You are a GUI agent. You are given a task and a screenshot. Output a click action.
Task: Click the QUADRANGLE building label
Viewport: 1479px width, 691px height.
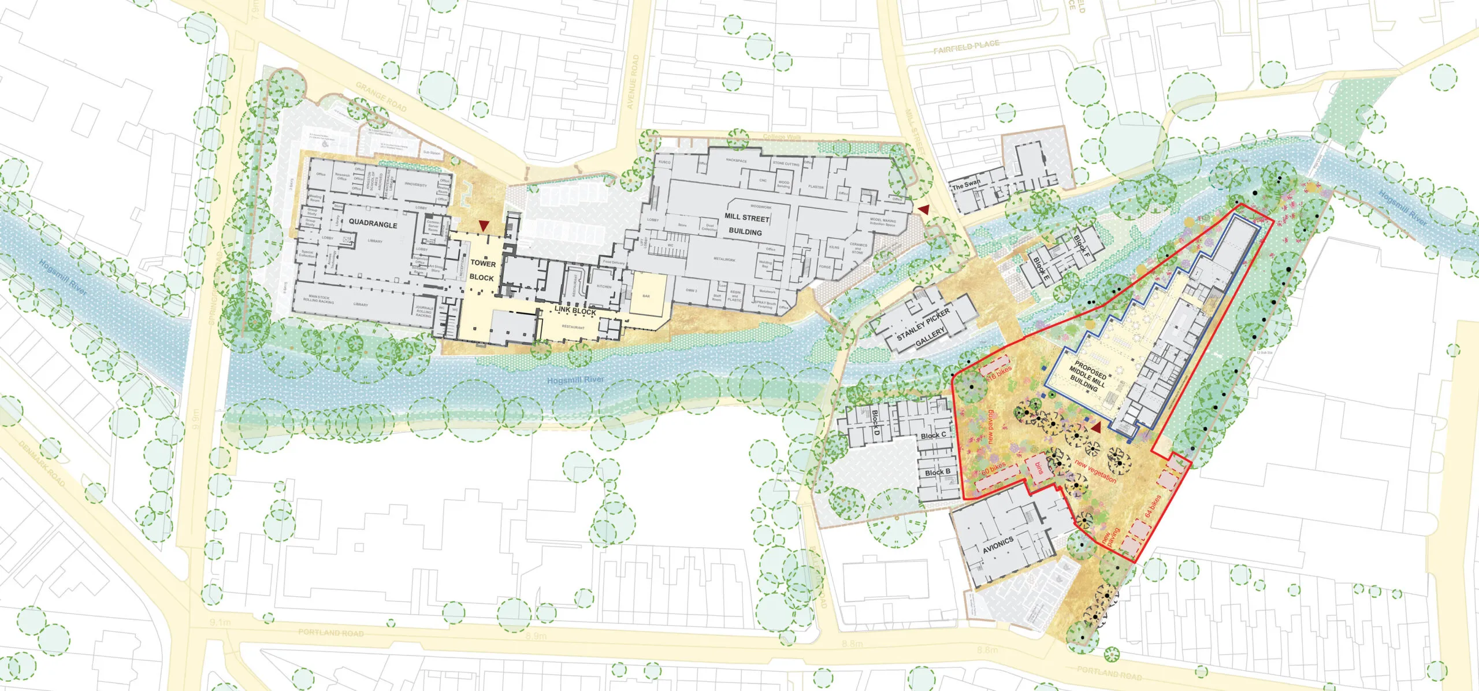[x=373, y=224]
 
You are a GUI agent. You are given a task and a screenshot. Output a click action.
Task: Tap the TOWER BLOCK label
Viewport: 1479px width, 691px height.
[x=482, y=270]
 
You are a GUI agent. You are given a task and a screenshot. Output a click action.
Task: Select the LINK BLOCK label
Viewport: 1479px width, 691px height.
[x=575, y=311]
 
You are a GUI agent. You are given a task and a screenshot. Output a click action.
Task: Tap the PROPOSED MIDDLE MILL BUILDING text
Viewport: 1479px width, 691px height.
[x=1087, y=377]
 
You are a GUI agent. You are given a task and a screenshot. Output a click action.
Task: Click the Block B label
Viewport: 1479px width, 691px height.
[x=937, y=473]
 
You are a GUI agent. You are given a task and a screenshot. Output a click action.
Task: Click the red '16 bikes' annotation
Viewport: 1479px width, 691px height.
[x=999, y=372]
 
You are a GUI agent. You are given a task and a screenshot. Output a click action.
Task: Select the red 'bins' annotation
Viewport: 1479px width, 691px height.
[x=1038, y=468]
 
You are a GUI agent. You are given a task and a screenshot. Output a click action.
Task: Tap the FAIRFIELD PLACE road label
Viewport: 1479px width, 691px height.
[x=966, y=46]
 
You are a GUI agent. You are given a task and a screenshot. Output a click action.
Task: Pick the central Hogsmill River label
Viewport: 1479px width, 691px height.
[x=575, y=380]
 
